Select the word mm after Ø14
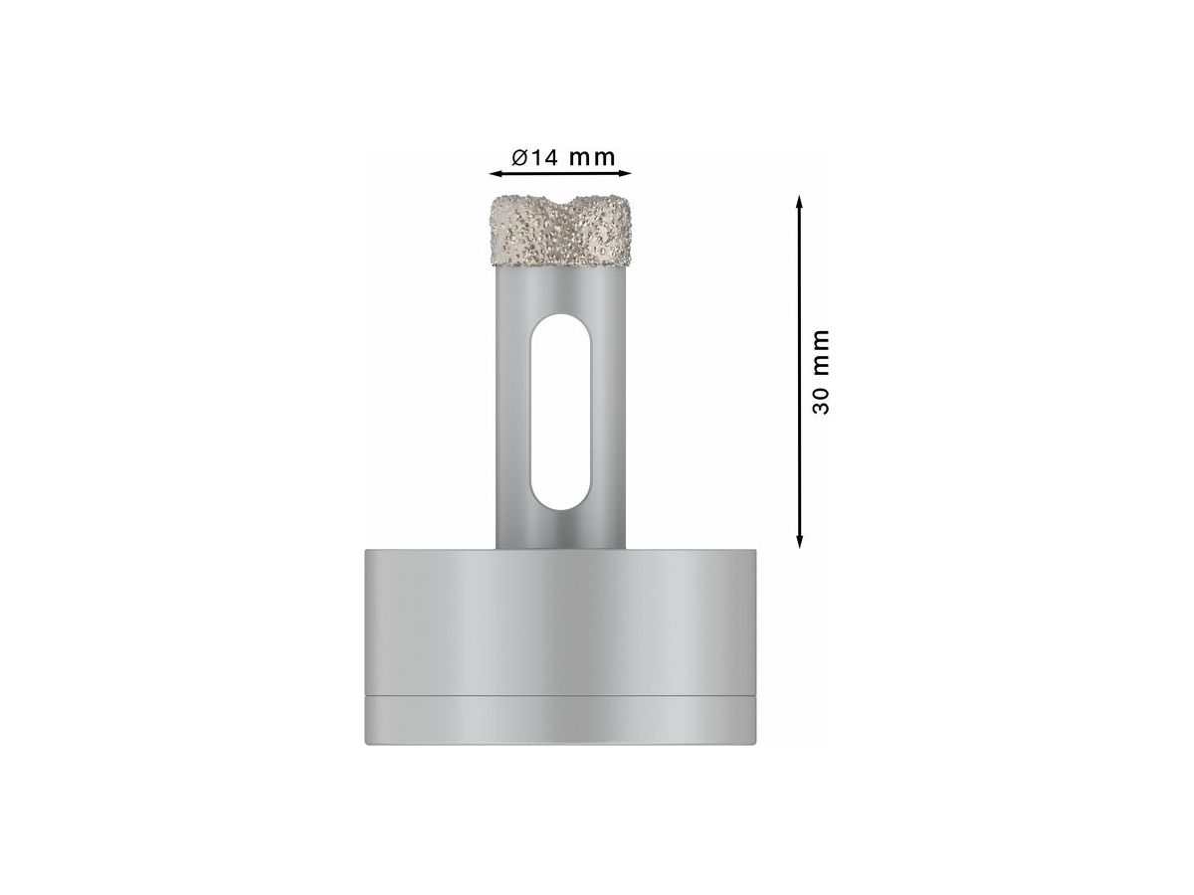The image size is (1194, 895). [593, 157]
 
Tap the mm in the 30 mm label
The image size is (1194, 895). [821, 349]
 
